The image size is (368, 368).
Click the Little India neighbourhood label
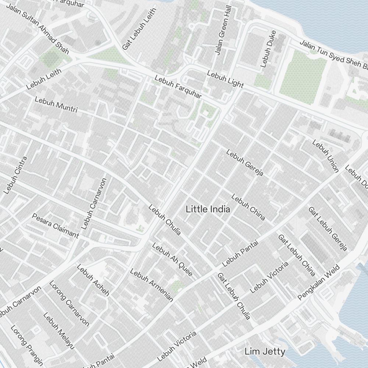click(x=208, y=209)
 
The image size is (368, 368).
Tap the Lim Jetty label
click(x=265, y=352)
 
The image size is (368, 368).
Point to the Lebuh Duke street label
click(x=268, y=51)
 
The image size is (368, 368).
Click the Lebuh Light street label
click(x=225, y=79)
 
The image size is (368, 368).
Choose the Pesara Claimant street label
click(x=55, y=225)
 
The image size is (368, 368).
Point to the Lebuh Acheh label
click(x=93, y=280)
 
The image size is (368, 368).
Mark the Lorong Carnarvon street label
click(x=69, y=304)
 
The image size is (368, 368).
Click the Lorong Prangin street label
click(x=26, y=346)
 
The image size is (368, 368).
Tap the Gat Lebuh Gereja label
click(x=328, y=228)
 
